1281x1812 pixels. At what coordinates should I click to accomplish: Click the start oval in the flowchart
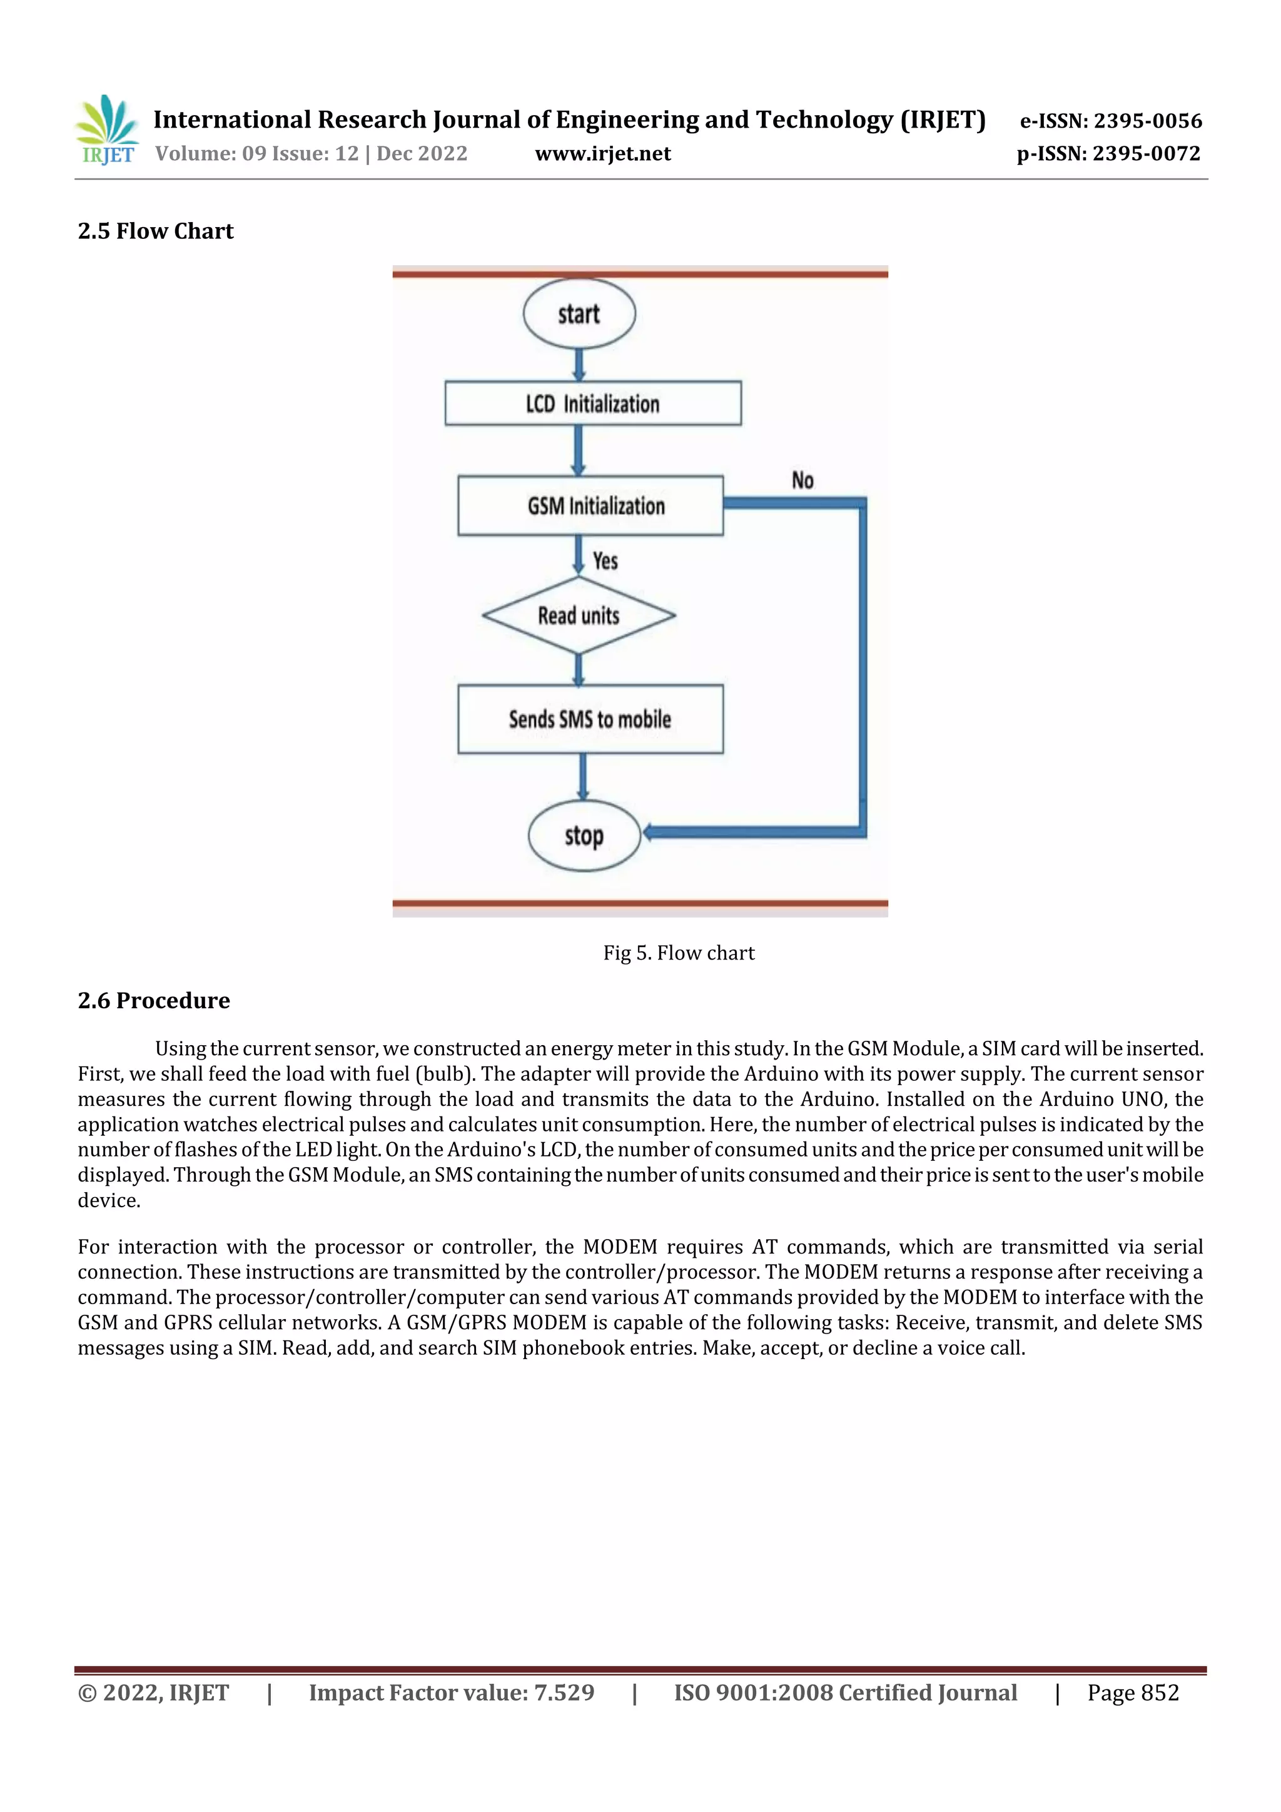point(579,314)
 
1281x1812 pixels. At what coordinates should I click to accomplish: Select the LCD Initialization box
point(593,403)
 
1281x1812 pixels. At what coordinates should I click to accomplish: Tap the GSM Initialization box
point(590,506)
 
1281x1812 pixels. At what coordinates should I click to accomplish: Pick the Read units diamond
point(579,615)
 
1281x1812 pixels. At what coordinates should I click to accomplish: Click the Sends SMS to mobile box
point(590,719)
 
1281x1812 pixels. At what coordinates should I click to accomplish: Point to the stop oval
point(584,836)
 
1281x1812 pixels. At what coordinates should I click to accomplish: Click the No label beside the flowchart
point(803,480)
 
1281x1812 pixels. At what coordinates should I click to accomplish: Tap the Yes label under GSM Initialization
point(605,561)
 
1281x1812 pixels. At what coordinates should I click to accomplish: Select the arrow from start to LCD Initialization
point(579,365)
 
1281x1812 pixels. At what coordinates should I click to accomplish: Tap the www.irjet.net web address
point(603,153)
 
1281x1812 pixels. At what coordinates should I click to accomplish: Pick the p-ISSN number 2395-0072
point(1146,153)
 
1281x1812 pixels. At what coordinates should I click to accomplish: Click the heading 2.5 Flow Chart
point(156,231)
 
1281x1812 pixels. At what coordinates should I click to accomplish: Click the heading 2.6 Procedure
point(154,1000)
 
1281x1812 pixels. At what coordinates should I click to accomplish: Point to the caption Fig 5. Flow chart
point(679,953)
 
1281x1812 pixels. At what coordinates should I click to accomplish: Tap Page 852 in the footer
point(1133,1692)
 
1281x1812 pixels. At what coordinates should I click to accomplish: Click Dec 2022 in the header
point(422,153)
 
